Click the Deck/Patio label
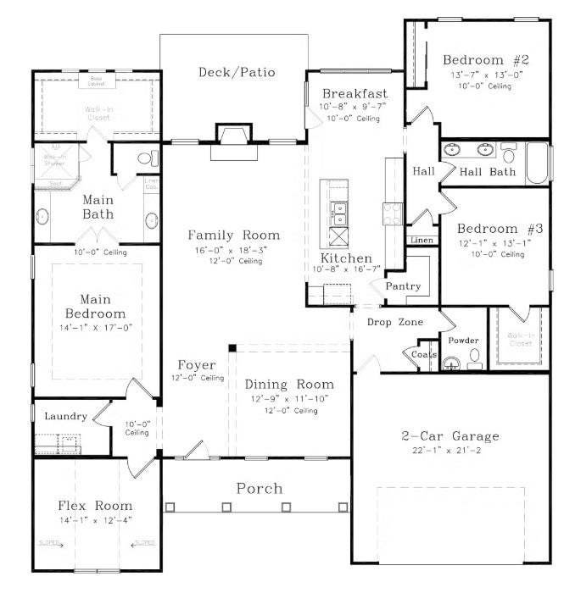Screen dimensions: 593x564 (x=237, y=73)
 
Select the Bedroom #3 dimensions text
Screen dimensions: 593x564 (x=486, y=243)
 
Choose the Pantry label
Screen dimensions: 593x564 (x=404, y=286)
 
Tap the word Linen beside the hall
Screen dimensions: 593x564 (x=422, y=241)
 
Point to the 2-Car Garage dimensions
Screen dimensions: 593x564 (x=450, y=451)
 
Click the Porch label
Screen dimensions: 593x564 (x=259, y=489)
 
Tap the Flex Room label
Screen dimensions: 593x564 (x=95, y=506)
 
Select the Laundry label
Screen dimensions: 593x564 (x=61, y=416)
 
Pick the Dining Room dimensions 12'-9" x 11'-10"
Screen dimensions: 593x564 (x=289, y=398)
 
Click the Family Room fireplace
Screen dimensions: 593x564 (x=232, y=136)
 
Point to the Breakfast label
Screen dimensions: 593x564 (x=354, y=94)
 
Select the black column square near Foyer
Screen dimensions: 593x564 (x=231, y=347)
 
